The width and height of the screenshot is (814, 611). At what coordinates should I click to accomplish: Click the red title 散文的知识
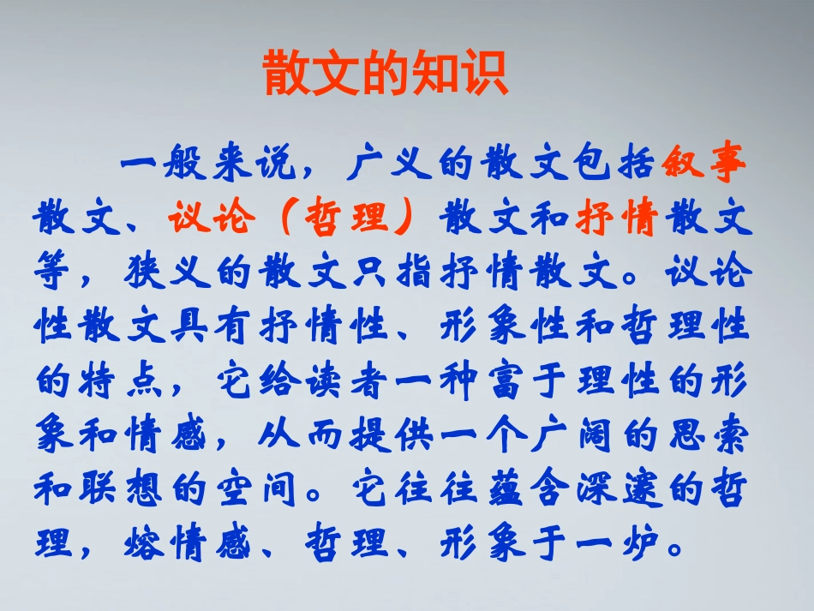[x=385, y=75]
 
